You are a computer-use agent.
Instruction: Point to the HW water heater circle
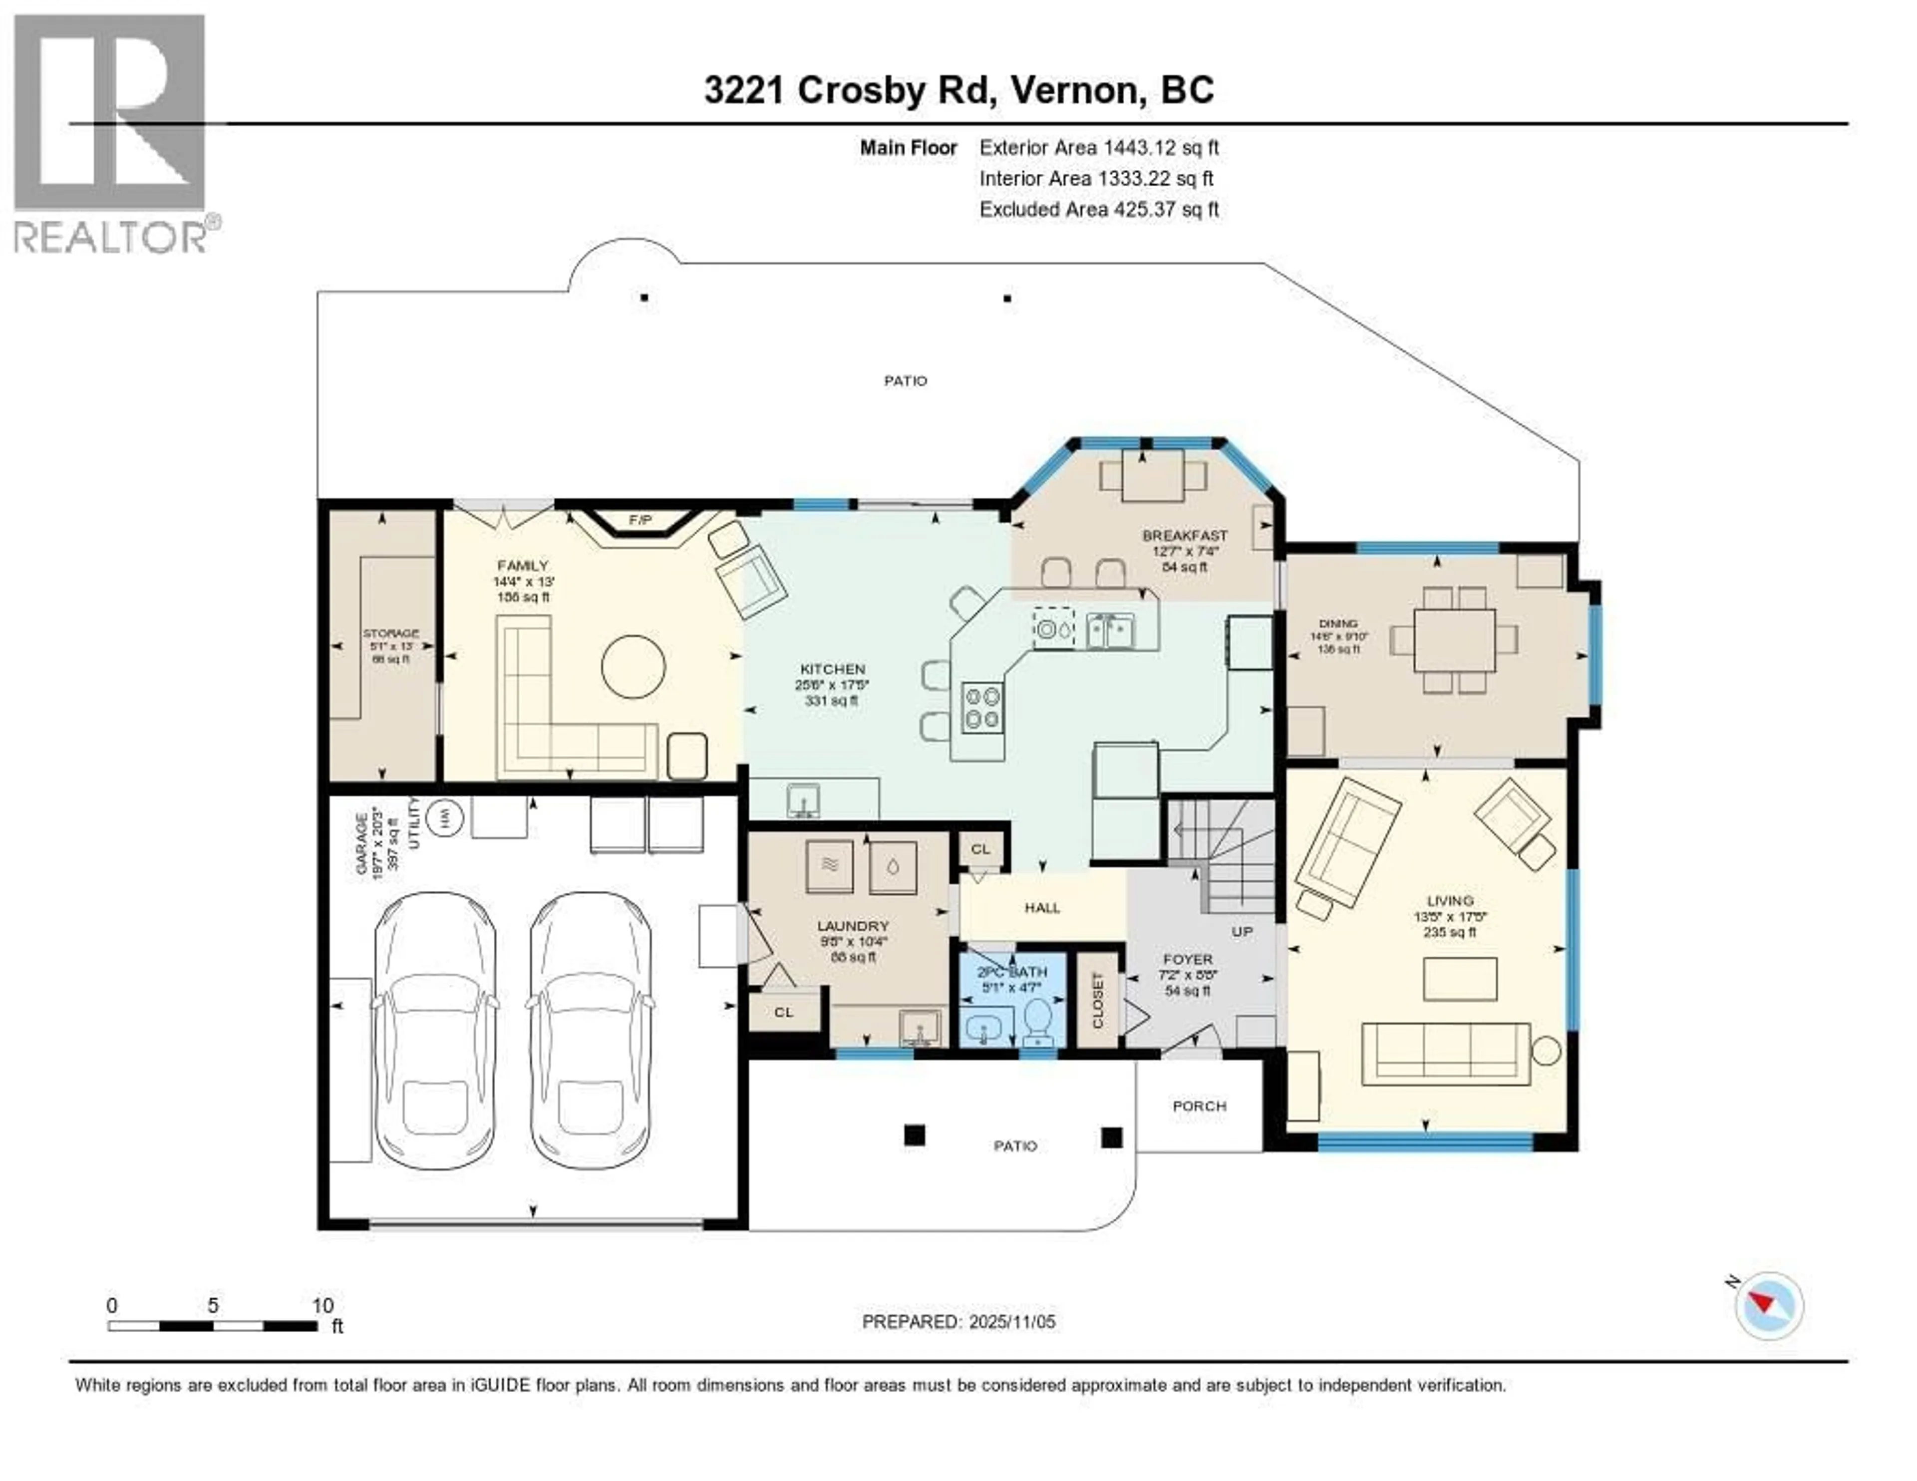click(445, 818)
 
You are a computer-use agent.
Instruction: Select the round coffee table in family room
click(633, 666)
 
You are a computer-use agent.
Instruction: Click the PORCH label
click(1199, 1106)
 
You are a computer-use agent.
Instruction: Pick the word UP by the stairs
click(1242, 931)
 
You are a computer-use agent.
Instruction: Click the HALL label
click(1042, 908)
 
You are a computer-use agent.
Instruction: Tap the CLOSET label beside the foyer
click(1097, 1001)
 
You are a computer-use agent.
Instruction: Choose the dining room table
click(1454, 640)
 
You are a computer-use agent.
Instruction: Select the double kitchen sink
click(1110, 630)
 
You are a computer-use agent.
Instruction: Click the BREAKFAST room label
click(1184, 535)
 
